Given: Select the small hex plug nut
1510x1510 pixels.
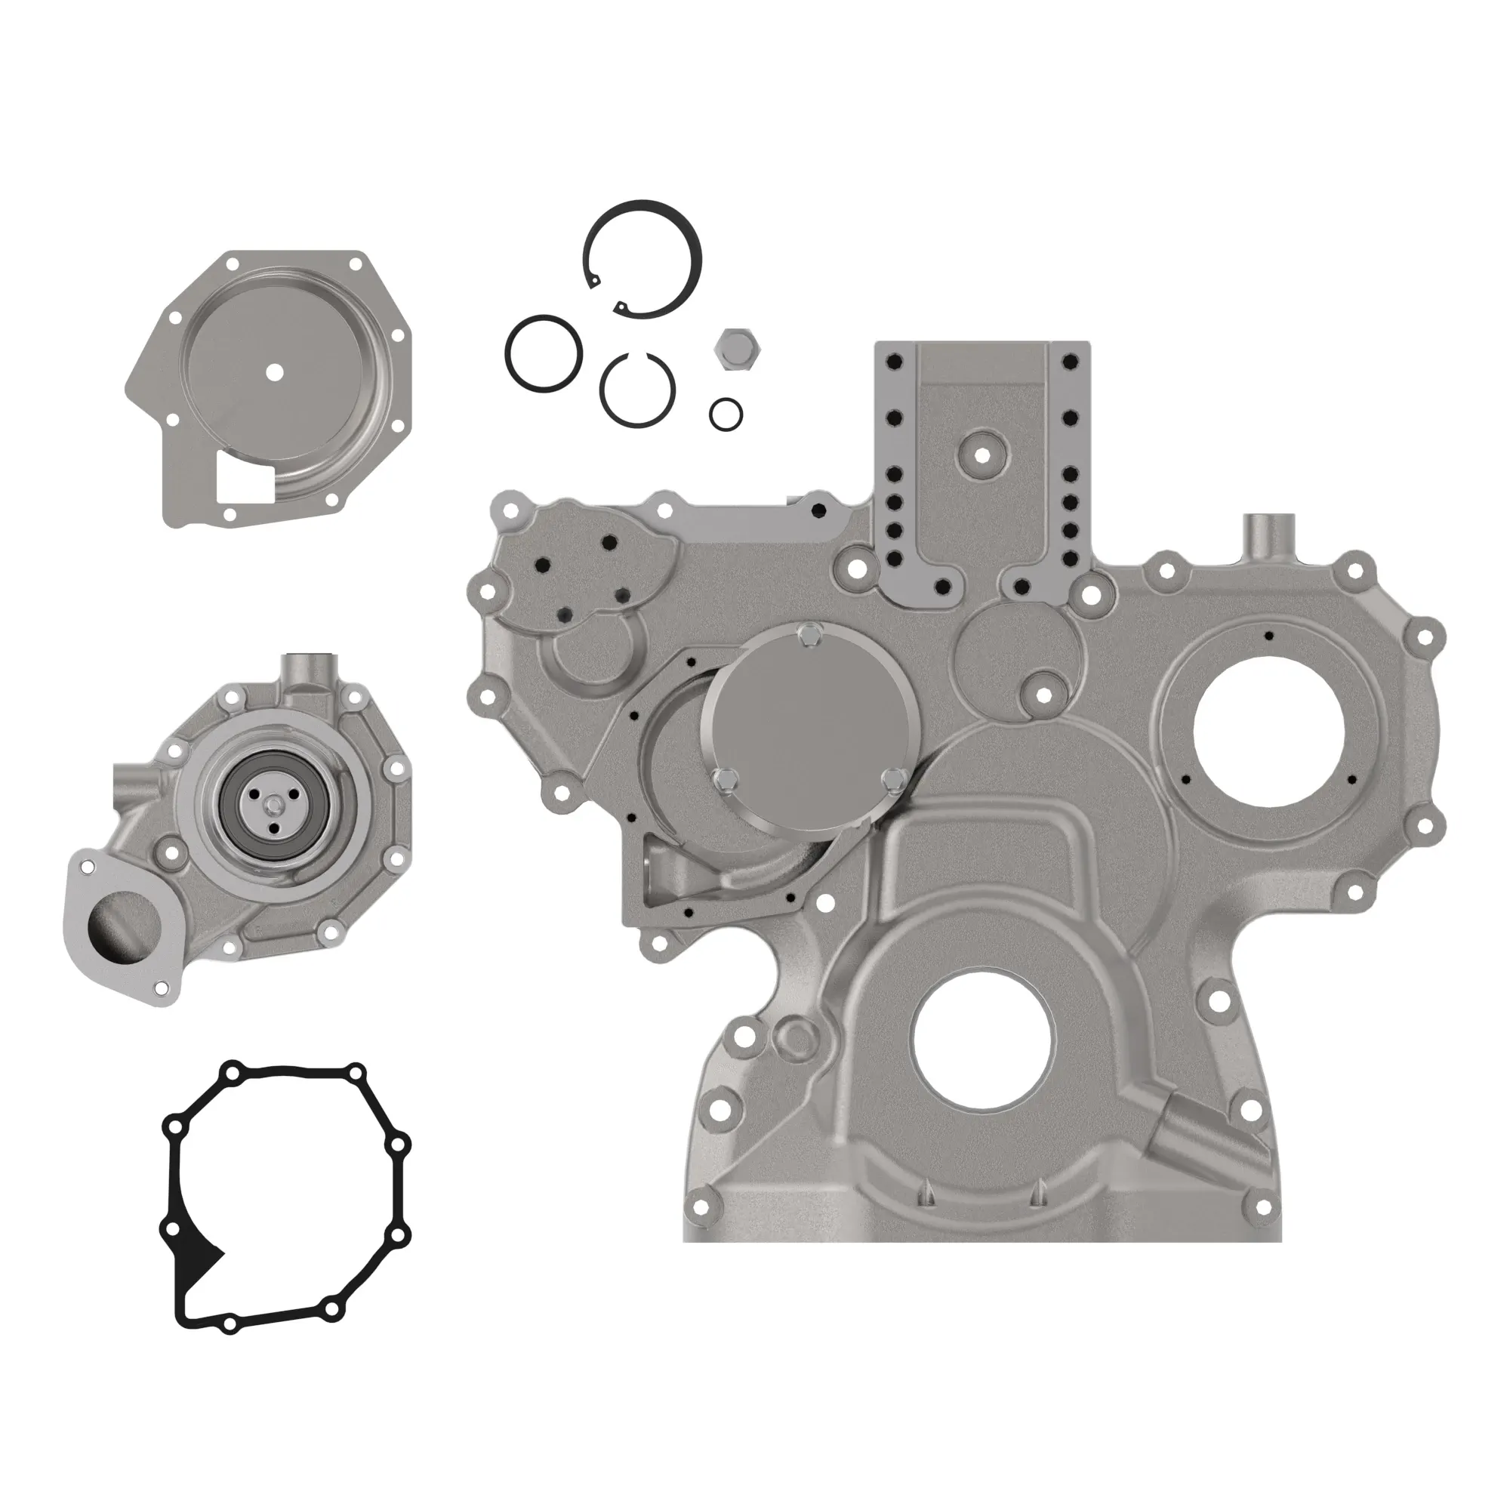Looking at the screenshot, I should pos(735,350).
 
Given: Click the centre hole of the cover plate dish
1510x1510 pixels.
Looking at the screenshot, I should pos(273,372).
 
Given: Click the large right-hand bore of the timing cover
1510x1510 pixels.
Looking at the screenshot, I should pos(1269,732).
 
